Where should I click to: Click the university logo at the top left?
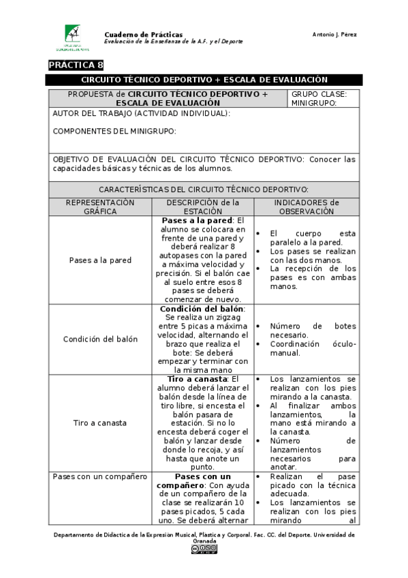click(x=76, y=37)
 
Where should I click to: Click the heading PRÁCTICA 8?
click(x=76, y=65)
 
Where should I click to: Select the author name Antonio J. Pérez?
click(x=334, y=35)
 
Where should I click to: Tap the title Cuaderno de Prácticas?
click(x=143, y=34)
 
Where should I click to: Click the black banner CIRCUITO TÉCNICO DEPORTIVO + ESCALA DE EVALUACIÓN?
click(x=204, y=80)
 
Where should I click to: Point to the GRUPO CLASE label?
click(x=319, y=94)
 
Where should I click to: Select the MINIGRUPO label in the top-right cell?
click(x=314, y=103)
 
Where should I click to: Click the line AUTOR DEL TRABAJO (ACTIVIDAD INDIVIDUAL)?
click(x=142, y=113)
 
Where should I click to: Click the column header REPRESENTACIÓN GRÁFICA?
click(x=100, y=207)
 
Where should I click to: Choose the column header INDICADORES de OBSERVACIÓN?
click(x=306, y=207)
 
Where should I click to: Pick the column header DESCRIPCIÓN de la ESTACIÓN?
click(x=203, y=207)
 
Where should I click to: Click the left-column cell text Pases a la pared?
click(x=100, y=260)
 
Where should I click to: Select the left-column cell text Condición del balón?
click(x=100, y=339)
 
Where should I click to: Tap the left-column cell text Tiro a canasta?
click(x=100, y=423)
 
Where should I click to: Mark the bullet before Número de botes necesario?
click(x=260, y=326)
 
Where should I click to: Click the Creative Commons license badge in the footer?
click(x=204, y=549)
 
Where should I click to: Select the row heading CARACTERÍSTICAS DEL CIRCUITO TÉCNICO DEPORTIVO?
click(x=204, y=189)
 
